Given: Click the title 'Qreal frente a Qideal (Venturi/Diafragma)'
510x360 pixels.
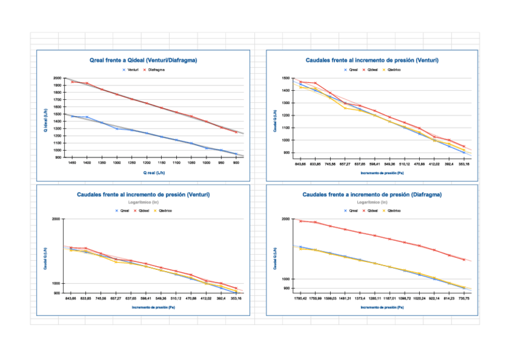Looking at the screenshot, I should tap(143, 61).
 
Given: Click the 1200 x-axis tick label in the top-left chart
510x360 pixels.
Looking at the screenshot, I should tap(147, 163).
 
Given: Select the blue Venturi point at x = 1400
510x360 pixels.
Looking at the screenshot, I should tap(87, 117).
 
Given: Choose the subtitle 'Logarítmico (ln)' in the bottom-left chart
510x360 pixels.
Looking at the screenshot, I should tap(143, 203).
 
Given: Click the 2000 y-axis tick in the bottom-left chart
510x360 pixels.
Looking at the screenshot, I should tap(56, 219).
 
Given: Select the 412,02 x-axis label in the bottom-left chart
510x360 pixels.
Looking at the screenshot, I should tap(206, 298).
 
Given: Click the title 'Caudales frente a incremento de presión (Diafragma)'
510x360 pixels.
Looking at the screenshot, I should tap(372, 195).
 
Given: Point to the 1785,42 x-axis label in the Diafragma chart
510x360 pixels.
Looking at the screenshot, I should tap(301, 298).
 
